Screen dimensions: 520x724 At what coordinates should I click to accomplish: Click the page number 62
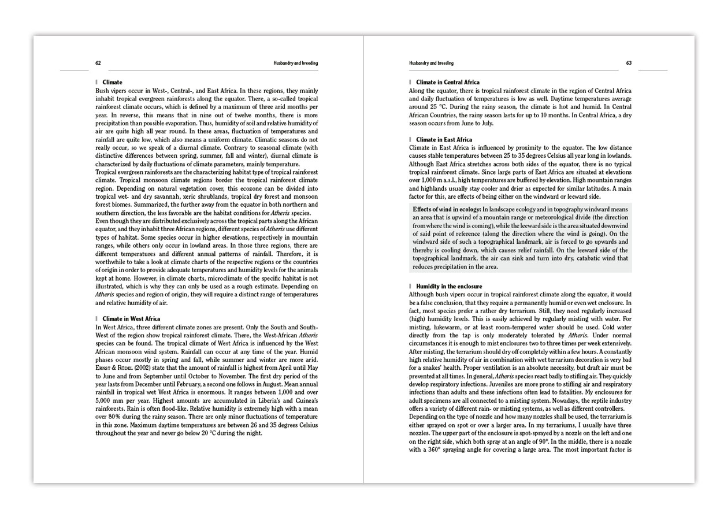98,63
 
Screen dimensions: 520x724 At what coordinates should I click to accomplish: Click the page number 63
629,63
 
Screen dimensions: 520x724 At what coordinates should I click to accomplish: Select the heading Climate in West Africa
131,319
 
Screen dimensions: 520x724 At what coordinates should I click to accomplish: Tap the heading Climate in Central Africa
448,83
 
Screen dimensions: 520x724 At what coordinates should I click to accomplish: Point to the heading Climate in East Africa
444,140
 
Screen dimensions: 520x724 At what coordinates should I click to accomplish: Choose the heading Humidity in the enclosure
449,287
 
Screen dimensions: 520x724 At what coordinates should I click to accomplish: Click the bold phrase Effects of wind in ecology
447,209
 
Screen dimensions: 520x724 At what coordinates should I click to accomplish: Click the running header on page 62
296,63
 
